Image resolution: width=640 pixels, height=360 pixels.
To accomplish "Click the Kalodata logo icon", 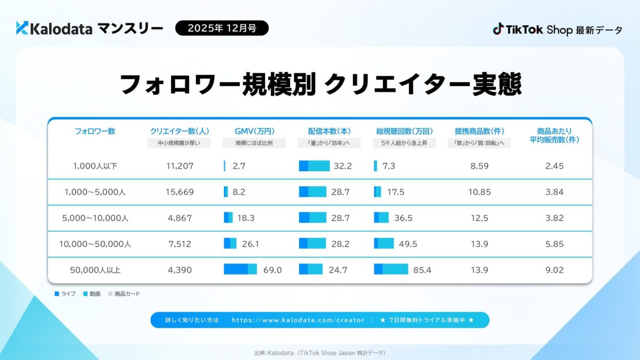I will pos(22,28).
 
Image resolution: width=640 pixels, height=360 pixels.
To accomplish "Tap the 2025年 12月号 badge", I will pos(222,28).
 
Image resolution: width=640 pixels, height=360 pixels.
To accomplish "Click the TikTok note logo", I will pos(498,28).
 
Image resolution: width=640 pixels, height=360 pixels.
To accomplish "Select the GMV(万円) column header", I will pos(254,131).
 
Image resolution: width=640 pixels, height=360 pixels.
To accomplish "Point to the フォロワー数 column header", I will pos(95,131).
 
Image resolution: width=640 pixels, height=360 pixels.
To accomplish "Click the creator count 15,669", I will pos(180,192).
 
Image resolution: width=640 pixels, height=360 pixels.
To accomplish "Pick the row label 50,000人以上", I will pos(95,270).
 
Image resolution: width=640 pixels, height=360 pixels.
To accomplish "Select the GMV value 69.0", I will pos(273,270).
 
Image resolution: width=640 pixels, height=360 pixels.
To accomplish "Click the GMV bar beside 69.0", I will pos(240,269).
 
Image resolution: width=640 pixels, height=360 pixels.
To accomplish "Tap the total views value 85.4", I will pos(422,270).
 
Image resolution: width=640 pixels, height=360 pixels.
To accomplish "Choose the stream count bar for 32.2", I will pos(314,166).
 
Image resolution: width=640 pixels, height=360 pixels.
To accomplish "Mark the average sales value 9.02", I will pos(554,270).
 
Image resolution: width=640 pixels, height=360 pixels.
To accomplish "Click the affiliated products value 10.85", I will pos(479,192).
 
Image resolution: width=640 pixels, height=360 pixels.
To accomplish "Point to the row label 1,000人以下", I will pos(95,166).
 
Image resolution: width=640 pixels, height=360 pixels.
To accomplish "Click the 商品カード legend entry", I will pos(124,294).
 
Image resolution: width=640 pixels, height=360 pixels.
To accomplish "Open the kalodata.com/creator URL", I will pos(298,320).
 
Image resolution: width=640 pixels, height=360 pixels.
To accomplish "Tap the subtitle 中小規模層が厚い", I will pos(180,143).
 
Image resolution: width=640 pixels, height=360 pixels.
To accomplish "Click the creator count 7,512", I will pos(180,244).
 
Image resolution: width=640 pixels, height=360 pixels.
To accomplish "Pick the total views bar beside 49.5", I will pos(383,243).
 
